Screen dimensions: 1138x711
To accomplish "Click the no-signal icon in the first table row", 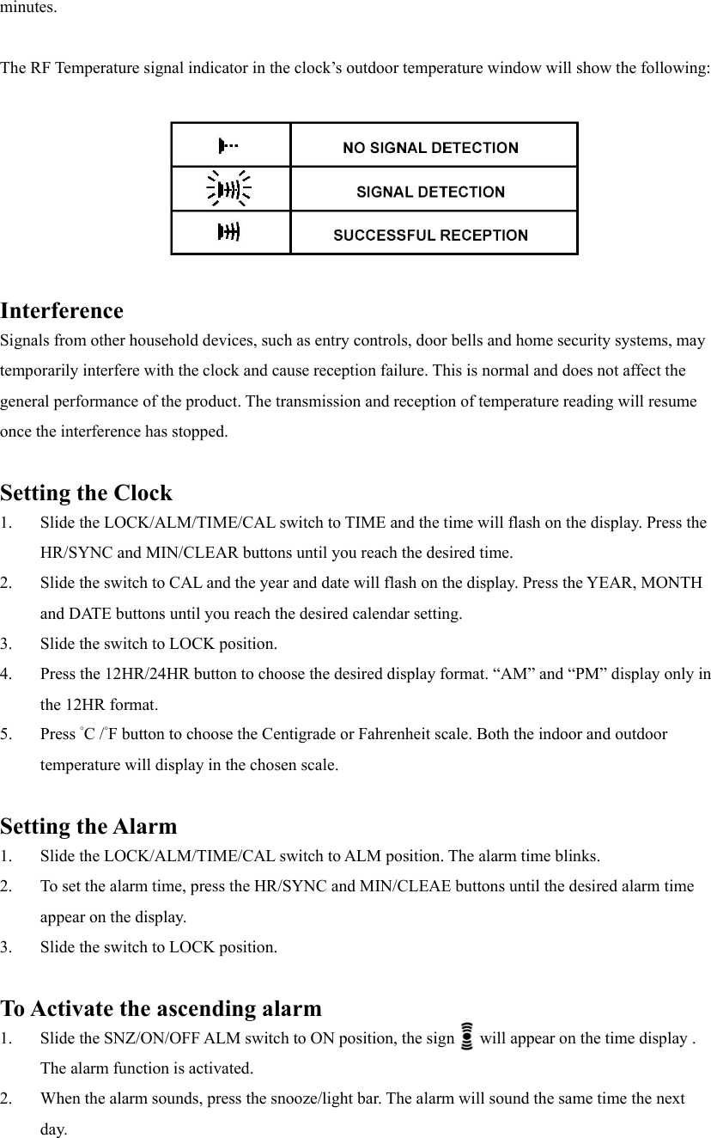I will point(228,145).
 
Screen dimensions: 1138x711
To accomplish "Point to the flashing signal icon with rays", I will point(228,188).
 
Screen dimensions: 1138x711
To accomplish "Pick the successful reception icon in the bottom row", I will point(228,231).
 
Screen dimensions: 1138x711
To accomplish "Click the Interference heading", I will point(62,310).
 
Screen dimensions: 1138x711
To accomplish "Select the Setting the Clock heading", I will point(86,493).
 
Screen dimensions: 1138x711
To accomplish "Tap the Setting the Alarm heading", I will point(88,827).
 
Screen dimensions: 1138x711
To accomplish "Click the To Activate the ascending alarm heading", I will point(161,1008).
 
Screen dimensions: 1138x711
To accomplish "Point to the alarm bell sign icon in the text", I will point(467,1037).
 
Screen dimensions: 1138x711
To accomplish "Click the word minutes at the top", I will point(29,9).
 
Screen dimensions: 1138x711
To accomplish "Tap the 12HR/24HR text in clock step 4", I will point(130,674).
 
